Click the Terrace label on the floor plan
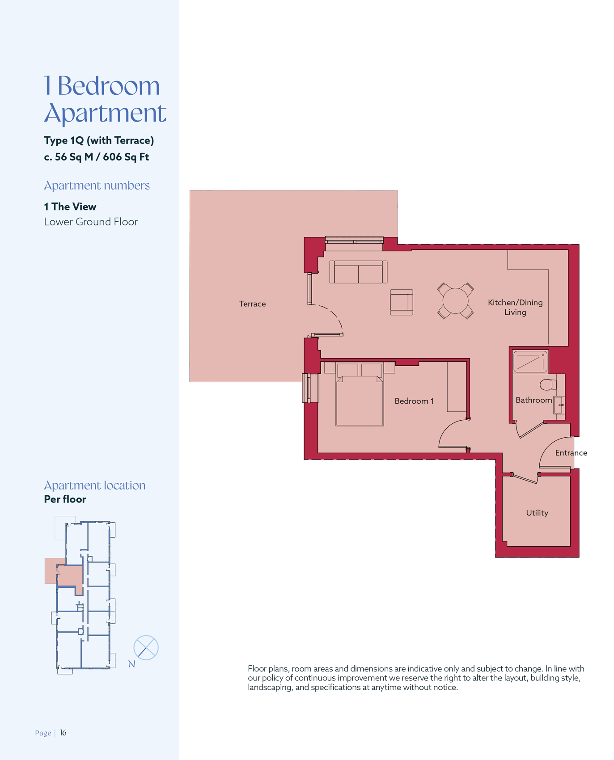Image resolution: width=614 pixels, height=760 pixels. point(252,304)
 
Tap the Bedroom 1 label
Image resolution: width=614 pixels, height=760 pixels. point(414,401)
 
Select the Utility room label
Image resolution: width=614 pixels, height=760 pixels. point(537,513)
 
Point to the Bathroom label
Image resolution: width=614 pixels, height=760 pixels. point(534,400)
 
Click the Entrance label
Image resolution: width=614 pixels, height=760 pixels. point(571,453)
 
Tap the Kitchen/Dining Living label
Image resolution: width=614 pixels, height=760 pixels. point(515,307)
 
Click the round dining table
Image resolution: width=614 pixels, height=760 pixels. point(455,301)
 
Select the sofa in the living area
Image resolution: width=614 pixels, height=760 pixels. point(358,272)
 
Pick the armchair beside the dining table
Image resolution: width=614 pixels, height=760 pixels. point(402,302)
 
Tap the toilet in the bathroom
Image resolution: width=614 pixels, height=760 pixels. point(548,384)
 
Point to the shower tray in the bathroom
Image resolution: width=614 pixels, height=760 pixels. point(530,362)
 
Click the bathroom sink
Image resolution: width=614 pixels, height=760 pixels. point(559,405)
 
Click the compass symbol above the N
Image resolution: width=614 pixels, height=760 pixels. point(146,648)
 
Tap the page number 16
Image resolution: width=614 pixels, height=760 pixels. point(63,733)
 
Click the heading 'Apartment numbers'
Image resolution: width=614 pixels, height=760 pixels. point(97,186)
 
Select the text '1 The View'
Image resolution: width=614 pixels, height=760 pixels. point(70,207)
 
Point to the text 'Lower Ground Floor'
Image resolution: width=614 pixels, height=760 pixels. point(91,222)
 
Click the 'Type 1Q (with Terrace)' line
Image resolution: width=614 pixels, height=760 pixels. point(99,140)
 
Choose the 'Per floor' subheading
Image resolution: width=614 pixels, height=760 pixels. point(65,499)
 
